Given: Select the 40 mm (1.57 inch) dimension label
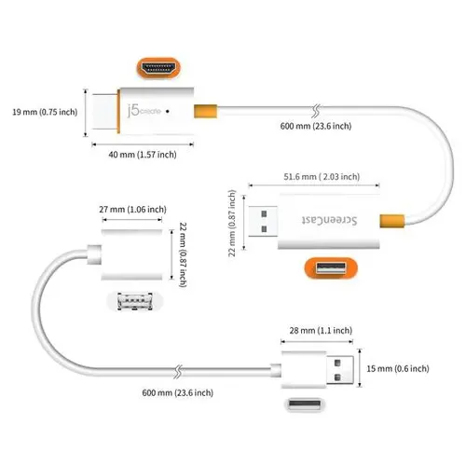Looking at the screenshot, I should click(x=142, y=155).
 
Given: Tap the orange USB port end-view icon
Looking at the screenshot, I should click(x=329, y=270).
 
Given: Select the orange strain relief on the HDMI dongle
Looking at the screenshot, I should click(x=202, y=113).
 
